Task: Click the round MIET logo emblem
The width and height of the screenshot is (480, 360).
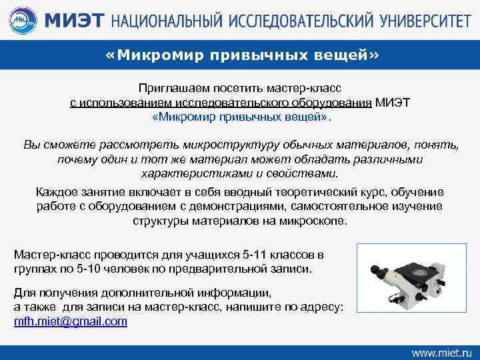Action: pos(21,20)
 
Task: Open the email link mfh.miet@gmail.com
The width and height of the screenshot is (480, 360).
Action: pos(71,321)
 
